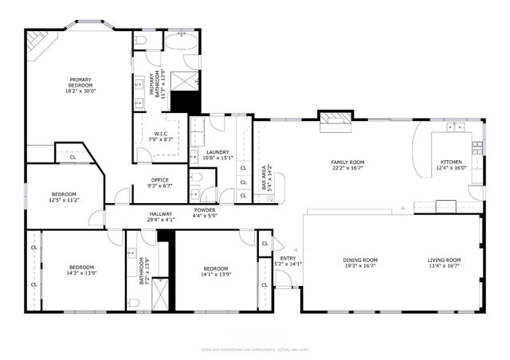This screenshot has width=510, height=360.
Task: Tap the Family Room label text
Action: [347, 162]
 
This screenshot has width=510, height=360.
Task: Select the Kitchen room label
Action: [452, 162]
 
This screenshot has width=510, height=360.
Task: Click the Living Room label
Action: [444, 260]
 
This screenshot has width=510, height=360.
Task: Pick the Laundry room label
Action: [218, 152]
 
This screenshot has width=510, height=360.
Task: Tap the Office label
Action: [159, 180]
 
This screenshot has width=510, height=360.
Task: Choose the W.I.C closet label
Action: [161, 134]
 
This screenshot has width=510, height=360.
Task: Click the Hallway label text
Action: [161, 213]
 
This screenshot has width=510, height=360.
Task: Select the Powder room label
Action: [204, 209]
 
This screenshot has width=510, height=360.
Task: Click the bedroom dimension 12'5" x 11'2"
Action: [65, 200]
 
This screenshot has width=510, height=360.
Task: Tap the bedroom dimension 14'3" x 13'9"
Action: [81, 273]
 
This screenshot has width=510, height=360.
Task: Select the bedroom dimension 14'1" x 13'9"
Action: [215, 274]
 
